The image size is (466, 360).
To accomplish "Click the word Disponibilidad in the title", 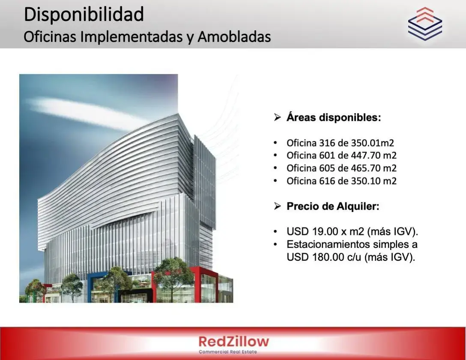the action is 84,14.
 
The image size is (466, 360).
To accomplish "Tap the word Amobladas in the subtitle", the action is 234,37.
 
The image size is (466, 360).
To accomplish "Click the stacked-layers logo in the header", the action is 425,24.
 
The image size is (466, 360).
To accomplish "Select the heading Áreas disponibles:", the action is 334,117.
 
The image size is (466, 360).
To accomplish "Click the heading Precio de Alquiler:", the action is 333,206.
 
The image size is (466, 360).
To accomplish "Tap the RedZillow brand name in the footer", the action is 233,341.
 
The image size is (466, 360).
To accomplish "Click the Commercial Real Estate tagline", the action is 228,352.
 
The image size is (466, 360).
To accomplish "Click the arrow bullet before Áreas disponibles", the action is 277,117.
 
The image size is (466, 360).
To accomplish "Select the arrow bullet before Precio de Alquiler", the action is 277,206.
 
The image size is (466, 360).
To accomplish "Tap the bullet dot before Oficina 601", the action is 275,155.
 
